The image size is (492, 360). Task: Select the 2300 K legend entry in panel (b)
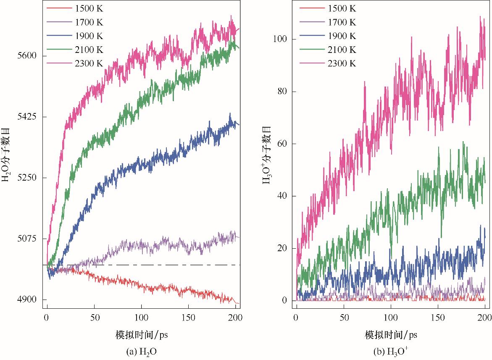(x=341, y=63)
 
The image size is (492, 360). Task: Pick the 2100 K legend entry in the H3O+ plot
(x=341, y=50)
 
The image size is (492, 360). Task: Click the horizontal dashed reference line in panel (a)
(x=168, y=265)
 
